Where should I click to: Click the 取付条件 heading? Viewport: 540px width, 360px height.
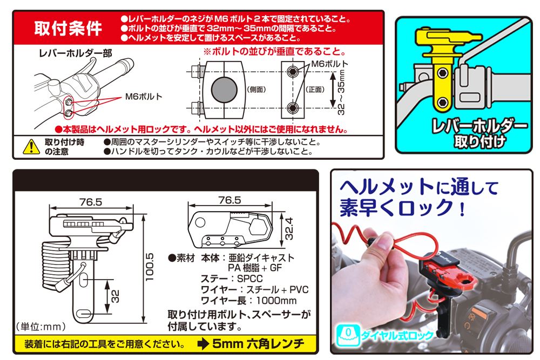(x=68, y=29)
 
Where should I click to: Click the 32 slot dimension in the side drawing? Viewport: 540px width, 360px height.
(x=115, y=296)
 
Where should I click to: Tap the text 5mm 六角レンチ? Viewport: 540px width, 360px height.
(x=258, y=343)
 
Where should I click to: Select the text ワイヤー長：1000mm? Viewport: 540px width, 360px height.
(x=248, y=301)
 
